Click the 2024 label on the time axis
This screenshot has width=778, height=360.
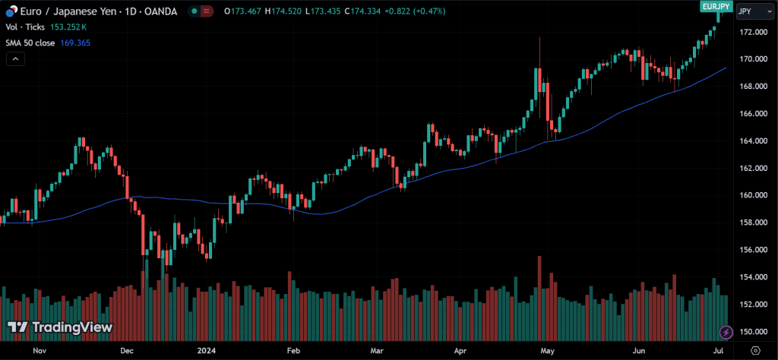207,351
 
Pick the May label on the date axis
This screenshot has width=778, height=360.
547,351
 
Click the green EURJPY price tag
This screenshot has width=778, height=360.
716,6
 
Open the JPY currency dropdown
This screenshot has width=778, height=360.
752,12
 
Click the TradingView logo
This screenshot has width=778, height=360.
60,327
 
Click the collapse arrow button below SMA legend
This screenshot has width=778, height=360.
14,60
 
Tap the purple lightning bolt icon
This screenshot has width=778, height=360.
726,332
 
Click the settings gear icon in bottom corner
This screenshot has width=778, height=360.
754,350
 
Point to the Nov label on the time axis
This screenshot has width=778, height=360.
40,351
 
